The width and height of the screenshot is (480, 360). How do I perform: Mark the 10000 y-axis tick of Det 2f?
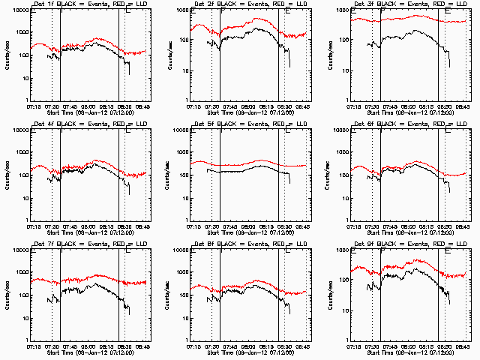[181, 10]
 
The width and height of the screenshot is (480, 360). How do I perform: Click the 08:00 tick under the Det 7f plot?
[88, 346]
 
